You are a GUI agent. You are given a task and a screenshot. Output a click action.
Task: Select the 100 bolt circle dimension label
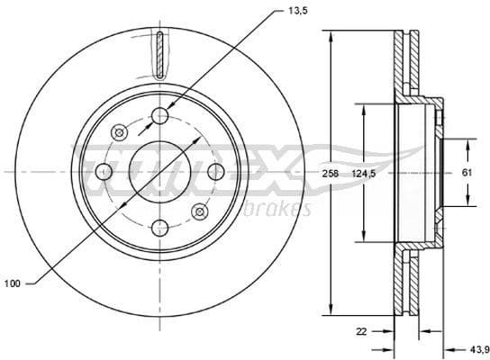(12, 283)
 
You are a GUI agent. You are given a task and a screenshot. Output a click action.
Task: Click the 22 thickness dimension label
(361, 331)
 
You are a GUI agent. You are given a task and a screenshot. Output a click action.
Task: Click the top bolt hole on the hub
(160, 115)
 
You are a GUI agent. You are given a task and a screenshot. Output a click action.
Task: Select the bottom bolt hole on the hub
(160, 227)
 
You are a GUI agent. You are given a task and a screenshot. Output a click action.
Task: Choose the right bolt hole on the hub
(215, 171)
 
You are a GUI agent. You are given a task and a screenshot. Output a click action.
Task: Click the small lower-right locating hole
(200, 211)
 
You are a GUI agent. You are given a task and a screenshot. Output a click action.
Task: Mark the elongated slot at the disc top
(160, 54)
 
